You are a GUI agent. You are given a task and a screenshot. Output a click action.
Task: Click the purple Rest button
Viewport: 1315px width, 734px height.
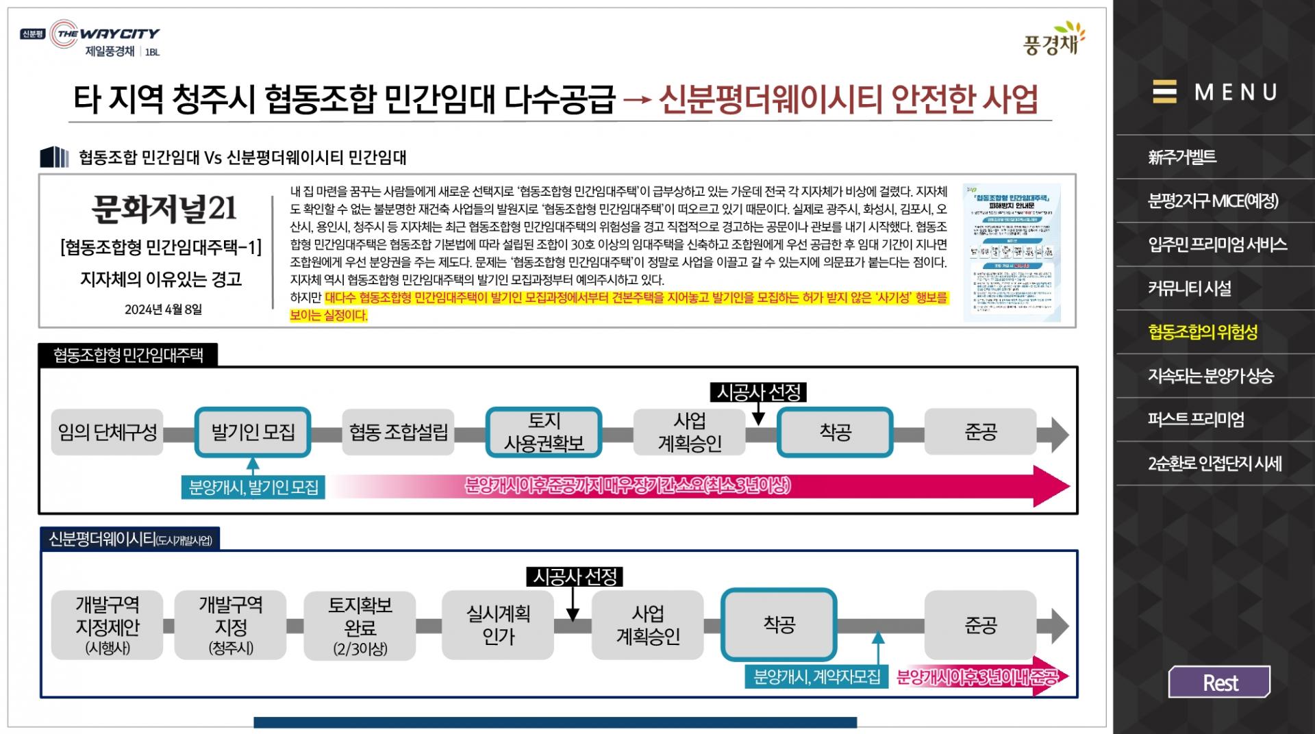click(1219, 683)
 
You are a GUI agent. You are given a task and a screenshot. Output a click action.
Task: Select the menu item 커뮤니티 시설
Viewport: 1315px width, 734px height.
click(1190, 288)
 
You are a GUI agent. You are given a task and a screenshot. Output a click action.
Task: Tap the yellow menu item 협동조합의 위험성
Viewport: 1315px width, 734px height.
click(1203, 332)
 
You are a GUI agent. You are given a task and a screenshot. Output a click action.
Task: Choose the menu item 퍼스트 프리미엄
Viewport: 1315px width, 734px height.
click(1196, 419)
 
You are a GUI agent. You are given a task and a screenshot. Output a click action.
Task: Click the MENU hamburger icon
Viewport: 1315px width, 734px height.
click(1164, 92)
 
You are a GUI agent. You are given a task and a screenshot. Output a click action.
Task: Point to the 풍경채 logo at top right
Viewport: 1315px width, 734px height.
click(1054, 38)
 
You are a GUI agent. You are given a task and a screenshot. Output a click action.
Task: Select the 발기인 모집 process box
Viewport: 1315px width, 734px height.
click(253, 432)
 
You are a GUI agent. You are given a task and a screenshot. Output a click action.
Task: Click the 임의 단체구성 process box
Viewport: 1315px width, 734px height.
click(108, 432)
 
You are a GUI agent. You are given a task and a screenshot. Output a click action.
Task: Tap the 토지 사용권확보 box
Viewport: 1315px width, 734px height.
click(544, 432)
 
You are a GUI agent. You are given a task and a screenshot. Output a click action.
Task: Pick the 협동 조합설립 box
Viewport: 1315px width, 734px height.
click(398, 432)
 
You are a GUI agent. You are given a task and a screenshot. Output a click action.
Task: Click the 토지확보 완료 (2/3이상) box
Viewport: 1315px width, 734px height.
click(360, 626)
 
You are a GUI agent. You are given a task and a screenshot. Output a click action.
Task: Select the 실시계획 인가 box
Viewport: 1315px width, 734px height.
click(498, 624)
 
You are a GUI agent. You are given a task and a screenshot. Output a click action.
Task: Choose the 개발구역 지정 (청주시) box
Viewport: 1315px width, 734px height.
click(231, 624)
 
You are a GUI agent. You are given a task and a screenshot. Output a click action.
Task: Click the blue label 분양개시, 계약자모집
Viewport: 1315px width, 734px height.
click(816, 677)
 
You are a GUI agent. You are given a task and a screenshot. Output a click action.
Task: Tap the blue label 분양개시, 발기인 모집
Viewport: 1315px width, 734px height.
click(253, 488)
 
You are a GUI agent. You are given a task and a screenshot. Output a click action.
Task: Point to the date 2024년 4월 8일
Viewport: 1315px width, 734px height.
click(163, 309)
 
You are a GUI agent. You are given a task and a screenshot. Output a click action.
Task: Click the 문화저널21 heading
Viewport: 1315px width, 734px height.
click(164, 208)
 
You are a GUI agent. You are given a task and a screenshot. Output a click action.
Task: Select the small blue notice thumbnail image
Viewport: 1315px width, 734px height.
click(1012, 252)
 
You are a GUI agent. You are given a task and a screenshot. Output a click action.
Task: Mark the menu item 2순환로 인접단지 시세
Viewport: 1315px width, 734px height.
click(1214, 464)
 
